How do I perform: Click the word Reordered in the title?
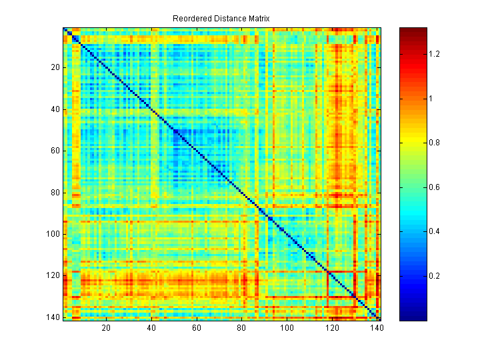tap(191, 19)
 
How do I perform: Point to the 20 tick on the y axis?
tap(55, 67)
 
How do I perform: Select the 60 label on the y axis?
tap(55, 151)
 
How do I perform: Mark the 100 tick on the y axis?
tap(53, 234)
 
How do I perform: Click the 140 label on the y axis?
tap(53, 317)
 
